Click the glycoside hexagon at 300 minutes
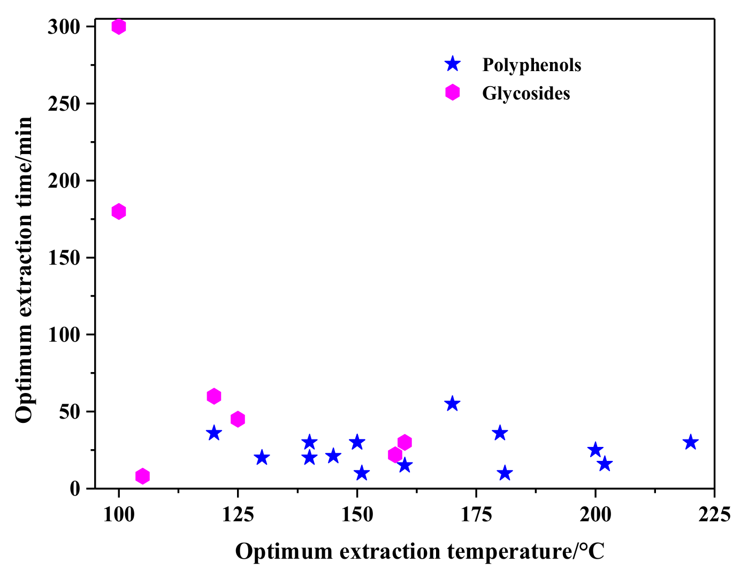pyautogui.click(x=119, y=26)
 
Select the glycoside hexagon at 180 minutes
pyautogui.click(x=119, y=211)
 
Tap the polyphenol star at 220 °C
pyautogui.click(x=690, y=442)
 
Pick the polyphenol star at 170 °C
pyautogui.click(x=452, y=404)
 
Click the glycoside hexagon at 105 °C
pyautogui.click(x=142, y=476)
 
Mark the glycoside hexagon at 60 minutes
pyautogui.click(x=214, y=396)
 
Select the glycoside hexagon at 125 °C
pyautogui.click(x=238, y=419)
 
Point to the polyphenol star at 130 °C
pyautogui.click(x=262, y=458)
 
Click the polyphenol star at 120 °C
pyautogui.click(x=214, y=433)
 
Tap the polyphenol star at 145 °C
pyautogui.click(x=333, y=456)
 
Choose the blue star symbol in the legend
pyautogui.click(x=453, y=64)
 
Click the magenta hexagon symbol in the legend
pyautogui.click(x=453, y=92)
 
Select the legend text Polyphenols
pyautogui.click(x=531, y=65)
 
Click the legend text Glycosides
pyautogui.click(x=526, y=93)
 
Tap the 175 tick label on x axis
pyautogui.click(x=476, y=514)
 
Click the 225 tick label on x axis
pyautogui.click(x=714, y=514)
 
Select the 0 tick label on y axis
pyautogui.click(x=74, y=489)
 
